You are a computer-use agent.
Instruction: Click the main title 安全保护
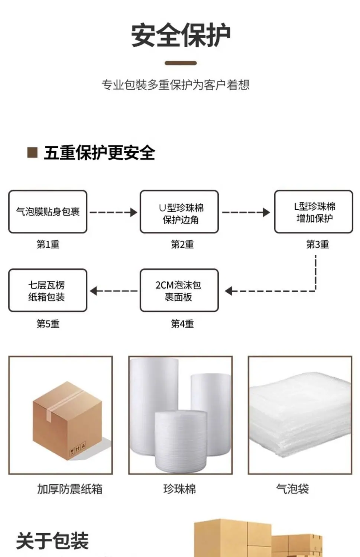[x=181, y=35]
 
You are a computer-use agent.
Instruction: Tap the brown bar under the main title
[x=181, y=63]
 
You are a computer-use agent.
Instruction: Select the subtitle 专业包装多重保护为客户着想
[x=175, y=85]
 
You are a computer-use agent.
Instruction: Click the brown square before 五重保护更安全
[x=32, y=152]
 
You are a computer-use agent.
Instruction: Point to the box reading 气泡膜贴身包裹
[x=48, y=212]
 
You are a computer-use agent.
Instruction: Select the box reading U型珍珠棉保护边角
[x=179, y=212]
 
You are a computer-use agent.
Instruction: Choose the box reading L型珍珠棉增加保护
[x=314, y=212]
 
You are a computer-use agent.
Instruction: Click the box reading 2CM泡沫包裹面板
[x=179, y=290]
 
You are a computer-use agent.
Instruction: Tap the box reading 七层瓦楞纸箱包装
[x=48, y=290]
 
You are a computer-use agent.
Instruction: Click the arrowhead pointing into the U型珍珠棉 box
[x=134, y=212]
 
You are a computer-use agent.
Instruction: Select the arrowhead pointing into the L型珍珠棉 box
[x=267, y=212]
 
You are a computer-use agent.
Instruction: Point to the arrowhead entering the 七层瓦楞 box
[x=93, y=291]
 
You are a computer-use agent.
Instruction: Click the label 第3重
[x=317, y=244]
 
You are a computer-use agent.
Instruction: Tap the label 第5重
[x=48, y=324]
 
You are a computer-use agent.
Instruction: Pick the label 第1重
[x=48, y=244]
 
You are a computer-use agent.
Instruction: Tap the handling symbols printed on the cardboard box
[x=77, y=448]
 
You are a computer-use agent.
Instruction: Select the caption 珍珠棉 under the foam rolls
[x=179, y=489]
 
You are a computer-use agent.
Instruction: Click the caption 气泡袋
[x=293, y=489]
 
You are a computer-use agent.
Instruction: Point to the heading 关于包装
[x=52, y=541]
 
